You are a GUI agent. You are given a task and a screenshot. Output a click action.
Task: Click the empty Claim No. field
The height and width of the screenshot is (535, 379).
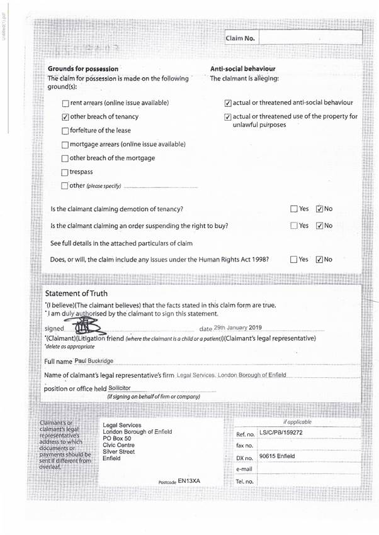310,38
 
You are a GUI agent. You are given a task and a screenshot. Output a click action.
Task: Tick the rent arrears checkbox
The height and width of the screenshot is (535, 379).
65,103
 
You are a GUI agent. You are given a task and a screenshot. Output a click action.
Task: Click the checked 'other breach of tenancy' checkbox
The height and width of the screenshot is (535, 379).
65,117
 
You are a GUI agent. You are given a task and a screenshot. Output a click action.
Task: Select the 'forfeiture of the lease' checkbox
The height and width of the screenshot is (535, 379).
65,131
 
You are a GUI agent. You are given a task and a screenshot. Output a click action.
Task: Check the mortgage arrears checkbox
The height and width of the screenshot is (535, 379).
65,145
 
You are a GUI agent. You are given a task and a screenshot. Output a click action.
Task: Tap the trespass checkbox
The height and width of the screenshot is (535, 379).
65,172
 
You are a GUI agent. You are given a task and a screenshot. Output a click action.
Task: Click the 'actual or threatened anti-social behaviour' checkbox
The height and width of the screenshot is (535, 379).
228,103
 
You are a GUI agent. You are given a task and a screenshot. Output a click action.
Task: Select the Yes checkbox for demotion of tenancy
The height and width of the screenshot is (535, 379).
294,209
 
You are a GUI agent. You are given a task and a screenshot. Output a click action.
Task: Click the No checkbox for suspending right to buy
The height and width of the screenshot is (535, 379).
319,226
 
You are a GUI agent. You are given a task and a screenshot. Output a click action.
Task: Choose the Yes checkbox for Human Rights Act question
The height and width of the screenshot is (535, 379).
294,259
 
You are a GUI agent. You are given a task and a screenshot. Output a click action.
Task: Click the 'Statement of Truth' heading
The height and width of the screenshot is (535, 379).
76,294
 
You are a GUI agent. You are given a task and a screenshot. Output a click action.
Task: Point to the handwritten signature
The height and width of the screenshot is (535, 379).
84,326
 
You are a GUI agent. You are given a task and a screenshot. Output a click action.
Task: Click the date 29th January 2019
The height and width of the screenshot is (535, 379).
237,328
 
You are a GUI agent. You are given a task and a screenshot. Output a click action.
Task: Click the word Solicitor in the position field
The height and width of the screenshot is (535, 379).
123,389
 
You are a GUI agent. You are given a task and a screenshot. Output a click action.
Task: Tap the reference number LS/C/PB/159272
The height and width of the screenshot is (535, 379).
281,433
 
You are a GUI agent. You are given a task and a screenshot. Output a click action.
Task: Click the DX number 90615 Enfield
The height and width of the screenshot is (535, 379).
277,456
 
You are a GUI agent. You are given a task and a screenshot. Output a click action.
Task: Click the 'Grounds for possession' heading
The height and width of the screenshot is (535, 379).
82,69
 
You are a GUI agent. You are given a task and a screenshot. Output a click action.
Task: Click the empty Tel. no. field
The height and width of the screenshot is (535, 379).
308,482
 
